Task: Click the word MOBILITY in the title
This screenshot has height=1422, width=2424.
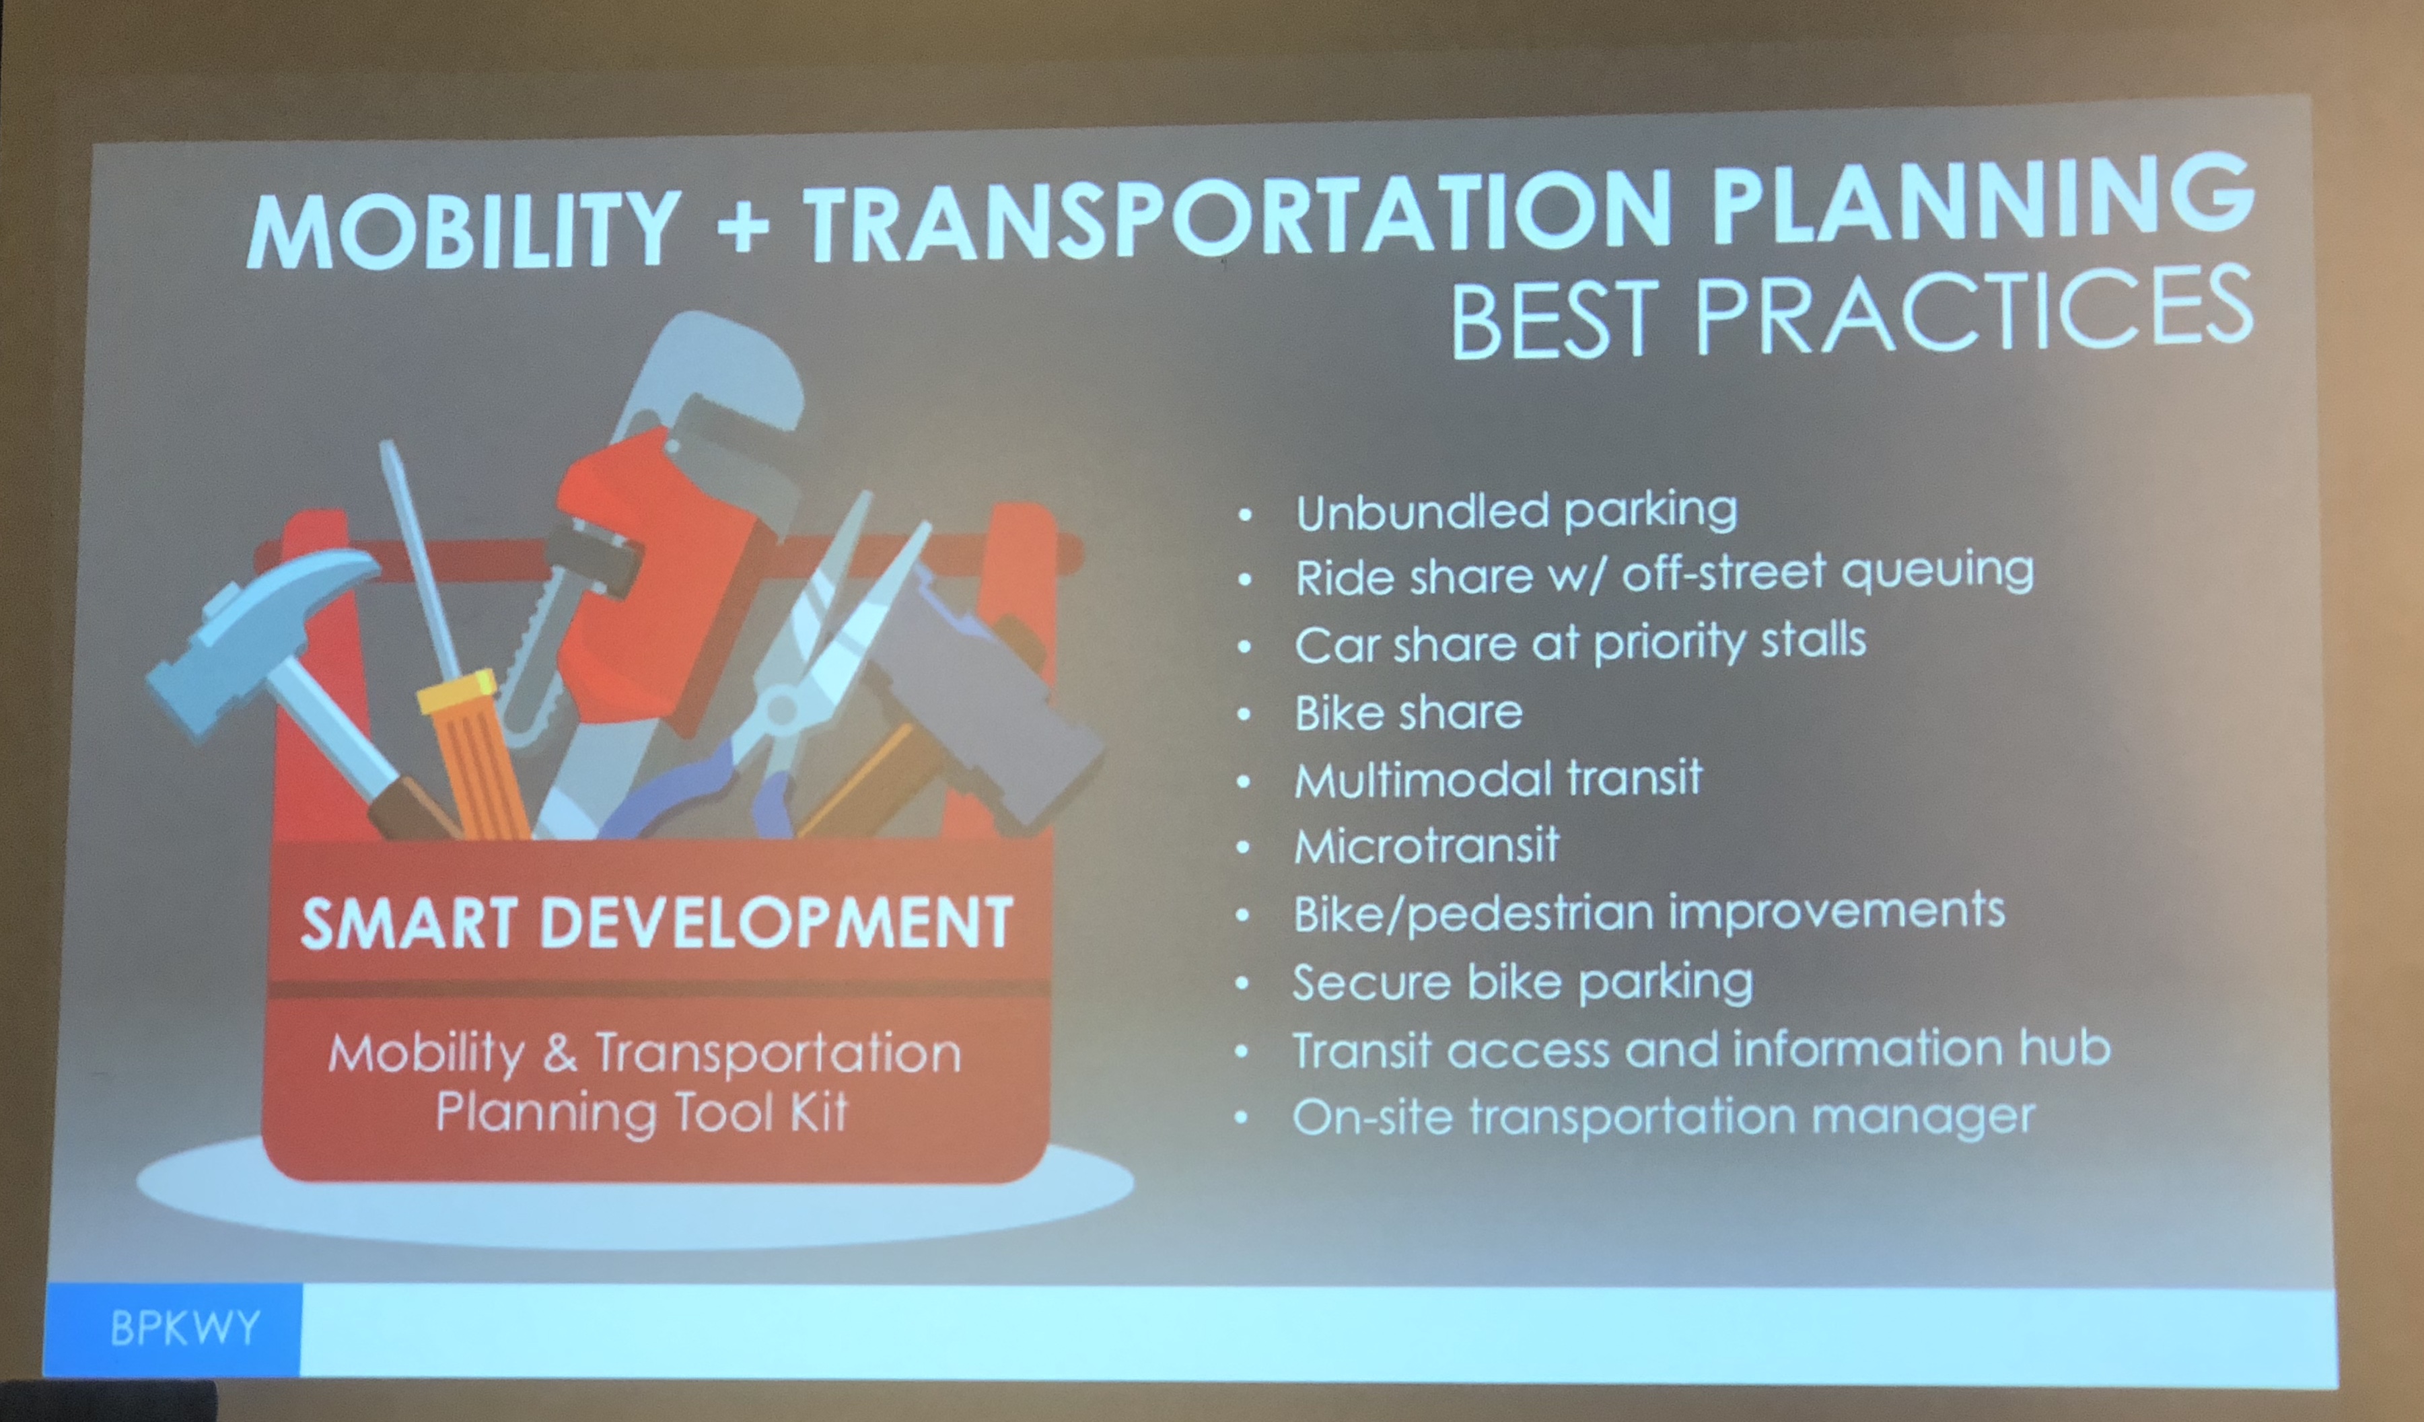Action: pyautogui.click(x=464, y=229)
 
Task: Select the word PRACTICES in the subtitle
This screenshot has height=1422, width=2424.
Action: pyautogui.click(x=1973, y=309)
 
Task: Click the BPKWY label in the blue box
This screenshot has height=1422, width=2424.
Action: pyautogui.click(x=184, y=1328)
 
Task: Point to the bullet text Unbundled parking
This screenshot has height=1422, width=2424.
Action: pyautogui.click(x=1516, y=511)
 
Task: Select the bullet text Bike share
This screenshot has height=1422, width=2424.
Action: pyautogui.click(x=1409, y=712)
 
